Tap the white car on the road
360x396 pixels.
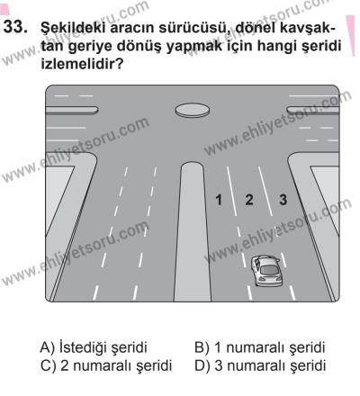point(266,273)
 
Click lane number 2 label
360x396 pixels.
point(250,199)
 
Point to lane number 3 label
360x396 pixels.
point(282,199)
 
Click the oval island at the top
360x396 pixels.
point(192,110)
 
